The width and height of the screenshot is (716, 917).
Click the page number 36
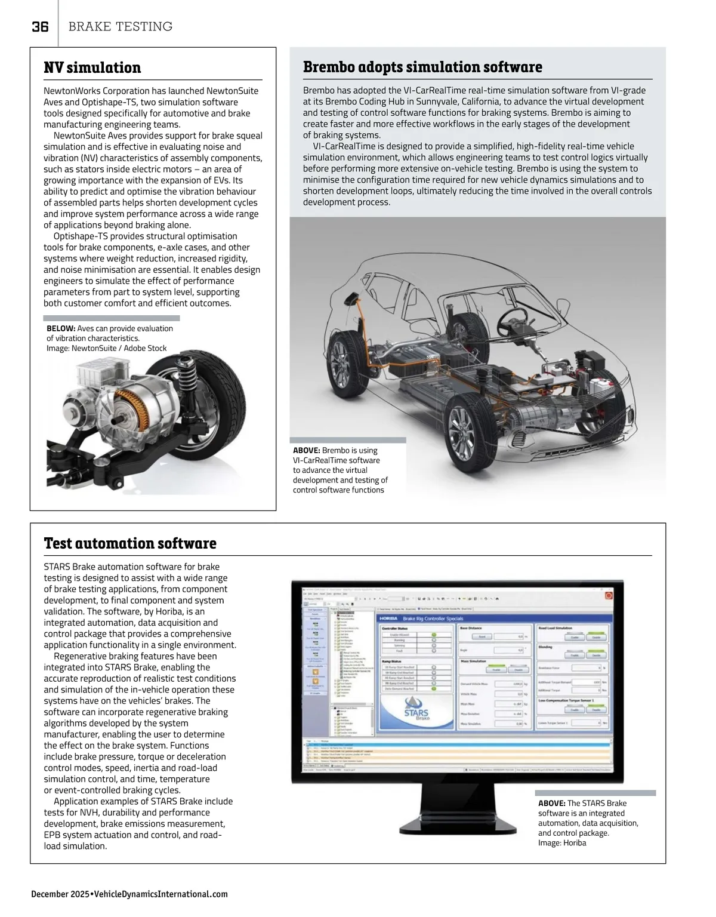coord(40,27)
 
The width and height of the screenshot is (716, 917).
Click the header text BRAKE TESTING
coord(121,27)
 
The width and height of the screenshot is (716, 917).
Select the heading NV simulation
coord(92,67)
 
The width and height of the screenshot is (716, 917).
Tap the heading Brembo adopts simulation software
coord(422,67)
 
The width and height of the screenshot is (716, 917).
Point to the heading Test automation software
coord(130,543)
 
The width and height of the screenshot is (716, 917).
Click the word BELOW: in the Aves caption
coord(61,328)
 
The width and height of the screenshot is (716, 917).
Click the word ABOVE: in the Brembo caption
coord(307,450)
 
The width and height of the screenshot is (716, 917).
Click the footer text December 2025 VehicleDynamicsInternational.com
coord(129,894)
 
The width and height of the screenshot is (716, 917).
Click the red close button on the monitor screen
coord(609,595)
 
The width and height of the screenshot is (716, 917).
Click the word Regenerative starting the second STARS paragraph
coord(81,656)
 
